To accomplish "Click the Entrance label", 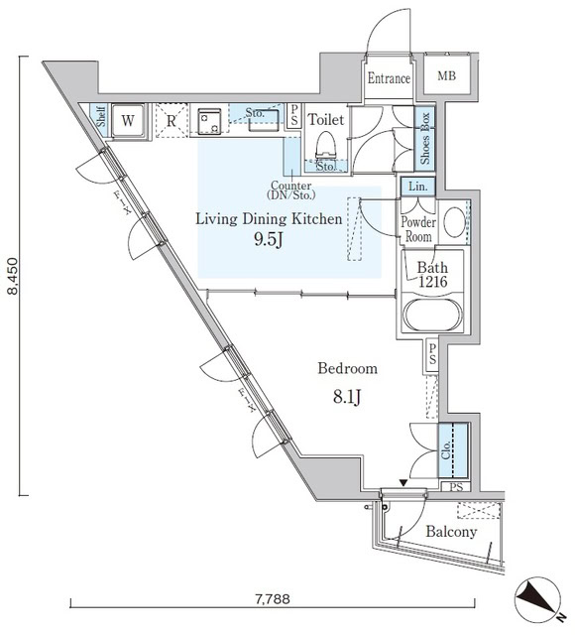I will [389, 78].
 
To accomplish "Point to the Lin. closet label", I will [415, 187].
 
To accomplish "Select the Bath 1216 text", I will [432, 275].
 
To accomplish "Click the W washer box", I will [128, 121].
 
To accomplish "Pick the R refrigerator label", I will [171, 122].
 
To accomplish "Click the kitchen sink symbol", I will [211, 122].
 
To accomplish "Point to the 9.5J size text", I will [269, 239].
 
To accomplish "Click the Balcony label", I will [451, 532].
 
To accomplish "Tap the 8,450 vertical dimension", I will [13, 276].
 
